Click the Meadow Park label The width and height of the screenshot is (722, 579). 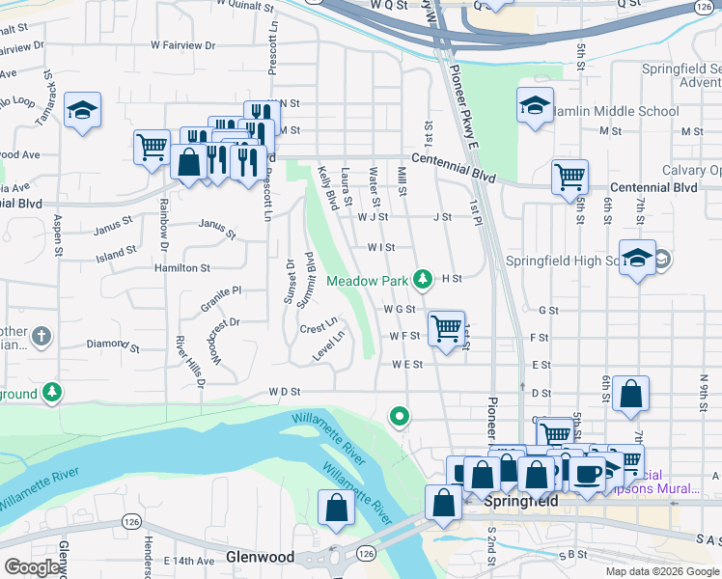pos(368,281)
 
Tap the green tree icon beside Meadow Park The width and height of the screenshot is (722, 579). pos(422,279)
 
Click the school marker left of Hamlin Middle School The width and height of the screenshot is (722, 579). pos(534,107)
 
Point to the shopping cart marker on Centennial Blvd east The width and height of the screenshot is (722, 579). pos(569,177)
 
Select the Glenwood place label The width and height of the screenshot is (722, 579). pos(259,557)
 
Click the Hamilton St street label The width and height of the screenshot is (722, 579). pos(182,267)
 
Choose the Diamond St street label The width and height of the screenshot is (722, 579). pos(106,344)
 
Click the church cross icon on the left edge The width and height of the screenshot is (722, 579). pos(41,337)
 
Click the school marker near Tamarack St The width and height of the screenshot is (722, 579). pos(83,111)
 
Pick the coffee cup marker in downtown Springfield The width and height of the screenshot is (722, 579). pos(587,472)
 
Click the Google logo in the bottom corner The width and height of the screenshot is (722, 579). pos(33,567)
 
